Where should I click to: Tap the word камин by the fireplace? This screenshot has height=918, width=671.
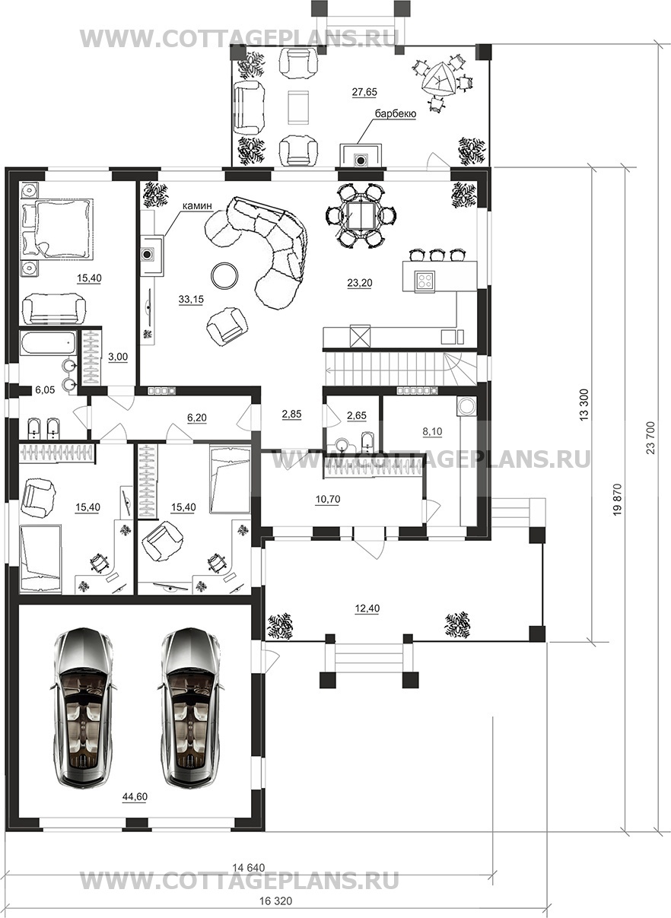coord(197,205)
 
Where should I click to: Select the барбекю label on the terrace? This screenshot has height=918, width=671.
coord(396,114)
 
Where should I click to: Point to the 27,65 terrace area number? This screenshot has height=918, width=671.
coord(364,92)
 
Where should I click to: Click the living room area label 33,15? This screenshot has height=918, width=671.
coord(191,300)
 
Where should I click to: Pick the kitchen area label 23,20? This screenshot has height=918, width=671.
coord(360,283)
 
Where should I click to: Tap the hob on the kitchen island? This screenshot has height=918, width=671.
coord(425,281)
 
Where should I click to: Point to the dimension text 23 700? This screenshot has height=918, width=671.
coord(650,437)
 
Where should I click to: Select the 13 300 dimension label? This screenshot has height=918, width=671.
coord(584,405)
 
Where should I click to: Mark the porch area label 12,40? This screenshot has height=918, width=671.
coord(367,608)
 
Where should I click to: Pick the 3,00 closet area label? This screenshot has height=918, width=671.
coord(118,357)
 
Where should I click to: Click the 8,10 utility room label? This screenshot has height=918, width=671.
coord(432,431)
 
